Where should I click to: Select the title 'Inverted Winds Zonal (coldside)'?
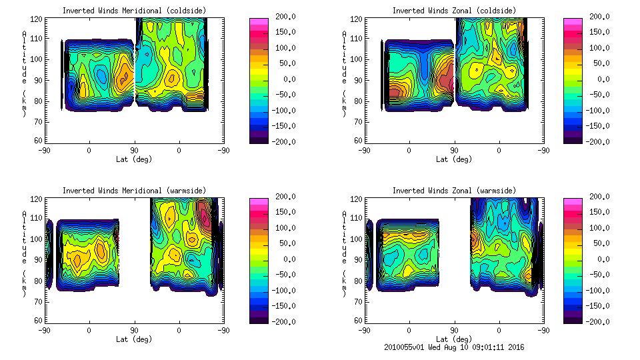pyautogui.click(x=454, y=11)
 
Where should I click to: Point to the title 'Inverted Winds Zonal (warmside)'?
pyautogui.click(x=454, y=191)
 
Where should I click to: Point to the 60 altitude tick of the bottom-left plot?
pyautogui.click(x=39, y=321)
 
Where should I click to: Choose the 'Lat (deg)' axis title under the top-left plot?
pyautogui.click(x=133, y=159)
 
